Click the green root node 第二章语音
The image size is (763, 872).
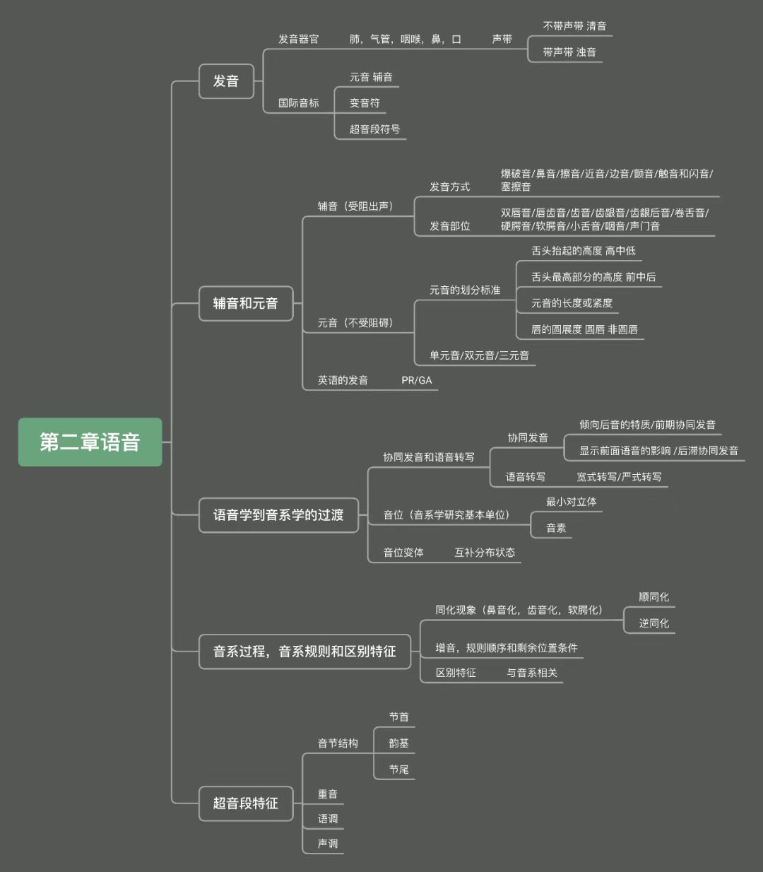point(90,442)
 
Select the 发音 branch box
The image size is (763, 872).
point(226,81)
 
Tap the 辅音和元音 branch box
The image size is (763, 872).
point(245,304)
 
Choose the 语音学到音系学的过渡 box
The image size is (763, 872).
point(278,515)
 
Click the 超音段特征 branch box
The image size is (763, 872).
point(245,803)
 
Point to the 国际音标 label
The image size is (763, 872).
point(298,103)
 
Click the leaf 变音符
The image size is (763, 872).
point(365,103)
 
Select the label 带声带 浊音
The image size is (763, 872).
point(569,52)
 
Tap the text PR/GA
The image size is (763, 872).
point(417,380)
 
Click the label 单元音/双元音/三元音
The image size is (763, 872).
point(479,355)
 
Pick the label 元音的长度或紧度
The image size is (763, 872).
point(572,303)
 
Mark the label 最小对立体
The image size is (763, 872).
point(571,502)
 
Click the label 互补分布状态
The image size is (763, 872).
point(485,553)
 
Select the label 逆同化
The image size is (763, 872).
point(653,623)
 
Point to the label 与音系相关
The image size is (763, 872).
point(531,673)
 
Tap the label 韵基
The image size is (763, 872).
point(398,743)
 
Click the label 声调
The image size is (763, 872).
point(328,844)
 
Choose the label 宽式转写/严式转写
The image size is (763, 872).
point(619,477)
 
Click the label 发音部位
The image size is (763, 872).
point(449,226)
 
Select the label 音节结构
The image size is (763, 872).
point(338,743)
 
